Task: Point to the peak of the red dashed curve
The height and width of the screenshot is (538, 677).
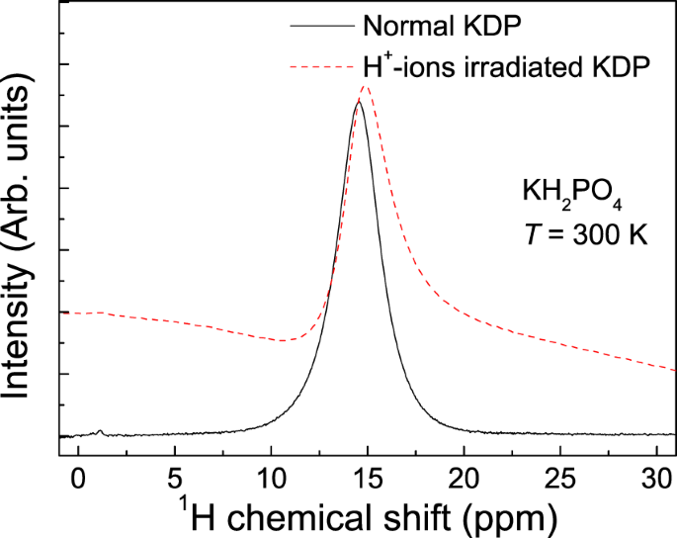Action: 366,86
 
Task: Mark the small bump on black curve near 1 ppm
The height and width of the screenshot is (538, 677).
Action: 99,431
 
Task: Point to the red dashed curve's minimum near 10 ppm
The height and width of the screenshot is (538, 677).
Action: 285,341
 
